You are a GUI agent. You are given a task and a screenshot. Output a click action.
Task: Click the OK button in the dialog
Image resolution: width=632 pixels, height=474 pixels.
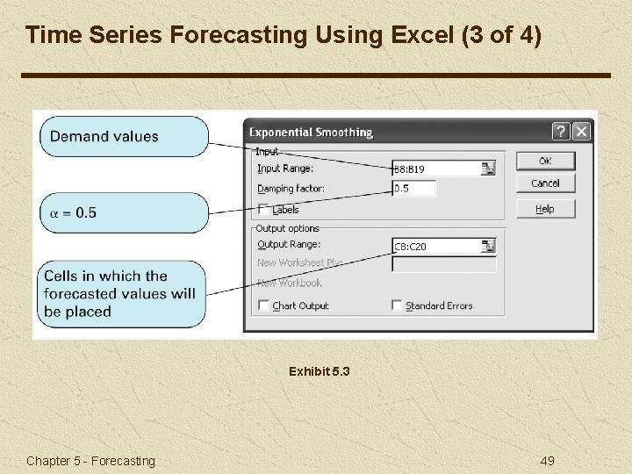(545, 161)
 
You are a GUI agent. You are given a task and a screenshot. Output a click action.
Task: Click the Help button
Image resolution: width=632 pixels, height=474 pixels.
(545, 209)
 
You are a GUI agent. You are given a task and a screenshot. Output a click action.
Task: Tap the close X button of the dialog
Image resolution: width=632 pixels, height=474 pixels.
(581, 132)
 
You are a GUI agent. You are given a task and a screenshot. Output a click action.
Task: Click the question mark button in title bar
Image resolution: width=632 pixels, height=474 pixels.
(561, 132)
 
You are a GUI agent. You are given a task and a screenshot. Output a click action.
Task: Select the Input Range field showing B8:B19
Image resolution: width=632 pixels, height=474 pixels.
(436, 169)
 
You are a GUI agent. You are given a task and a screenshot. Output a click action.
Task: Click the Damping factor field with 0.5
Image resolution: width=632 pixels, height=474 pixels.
(413, 189)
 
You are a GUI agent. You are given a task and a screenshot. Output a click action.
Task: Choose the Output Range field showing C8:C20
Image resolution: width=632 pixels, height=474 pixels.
(436, 247)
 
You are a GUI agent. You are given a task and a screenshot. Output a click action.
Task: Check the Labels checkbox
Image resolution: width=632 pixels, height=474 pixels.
(264, 210)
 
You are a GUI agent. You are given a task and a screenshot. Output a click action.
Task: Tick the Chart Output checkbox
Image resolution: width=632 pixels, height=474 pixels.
(264, 305)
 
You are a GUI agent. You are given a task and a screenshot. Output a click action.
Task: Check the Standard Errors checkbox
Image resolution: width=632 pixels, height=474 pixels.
(398, 305)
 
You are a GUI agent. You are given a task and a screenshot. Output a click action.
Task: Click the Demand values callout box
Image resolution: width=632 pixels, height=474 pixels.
(124, 137)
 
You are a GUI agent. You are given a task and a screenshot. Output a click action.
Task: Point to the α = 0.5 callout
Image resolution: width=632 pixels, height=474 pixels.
(124, 213)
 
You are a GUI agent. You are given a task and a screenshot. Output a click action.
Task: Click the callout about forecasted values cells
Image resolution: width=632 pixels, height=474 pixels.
(123, 294)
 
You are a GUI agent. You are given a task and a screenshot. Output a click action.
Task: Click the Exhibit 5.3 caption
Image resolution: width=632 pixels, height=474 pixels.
(319, 371)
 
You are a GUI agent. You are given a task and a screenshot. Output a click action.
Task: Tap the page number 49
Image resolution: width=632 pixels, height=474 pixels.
(546, 461)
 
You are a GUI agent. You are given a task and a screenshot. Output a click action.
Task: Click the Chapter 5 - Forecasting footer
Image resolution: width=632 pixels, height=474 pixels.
(90, 461)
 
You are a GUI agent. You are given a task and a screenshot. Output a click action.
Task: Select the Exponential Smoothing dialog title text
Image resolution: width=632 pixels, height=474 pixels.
(311, 133)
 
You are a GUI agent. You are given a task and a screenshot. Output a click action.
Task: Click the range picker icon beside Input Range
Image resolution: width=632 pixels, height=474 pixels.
(488, 169)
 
